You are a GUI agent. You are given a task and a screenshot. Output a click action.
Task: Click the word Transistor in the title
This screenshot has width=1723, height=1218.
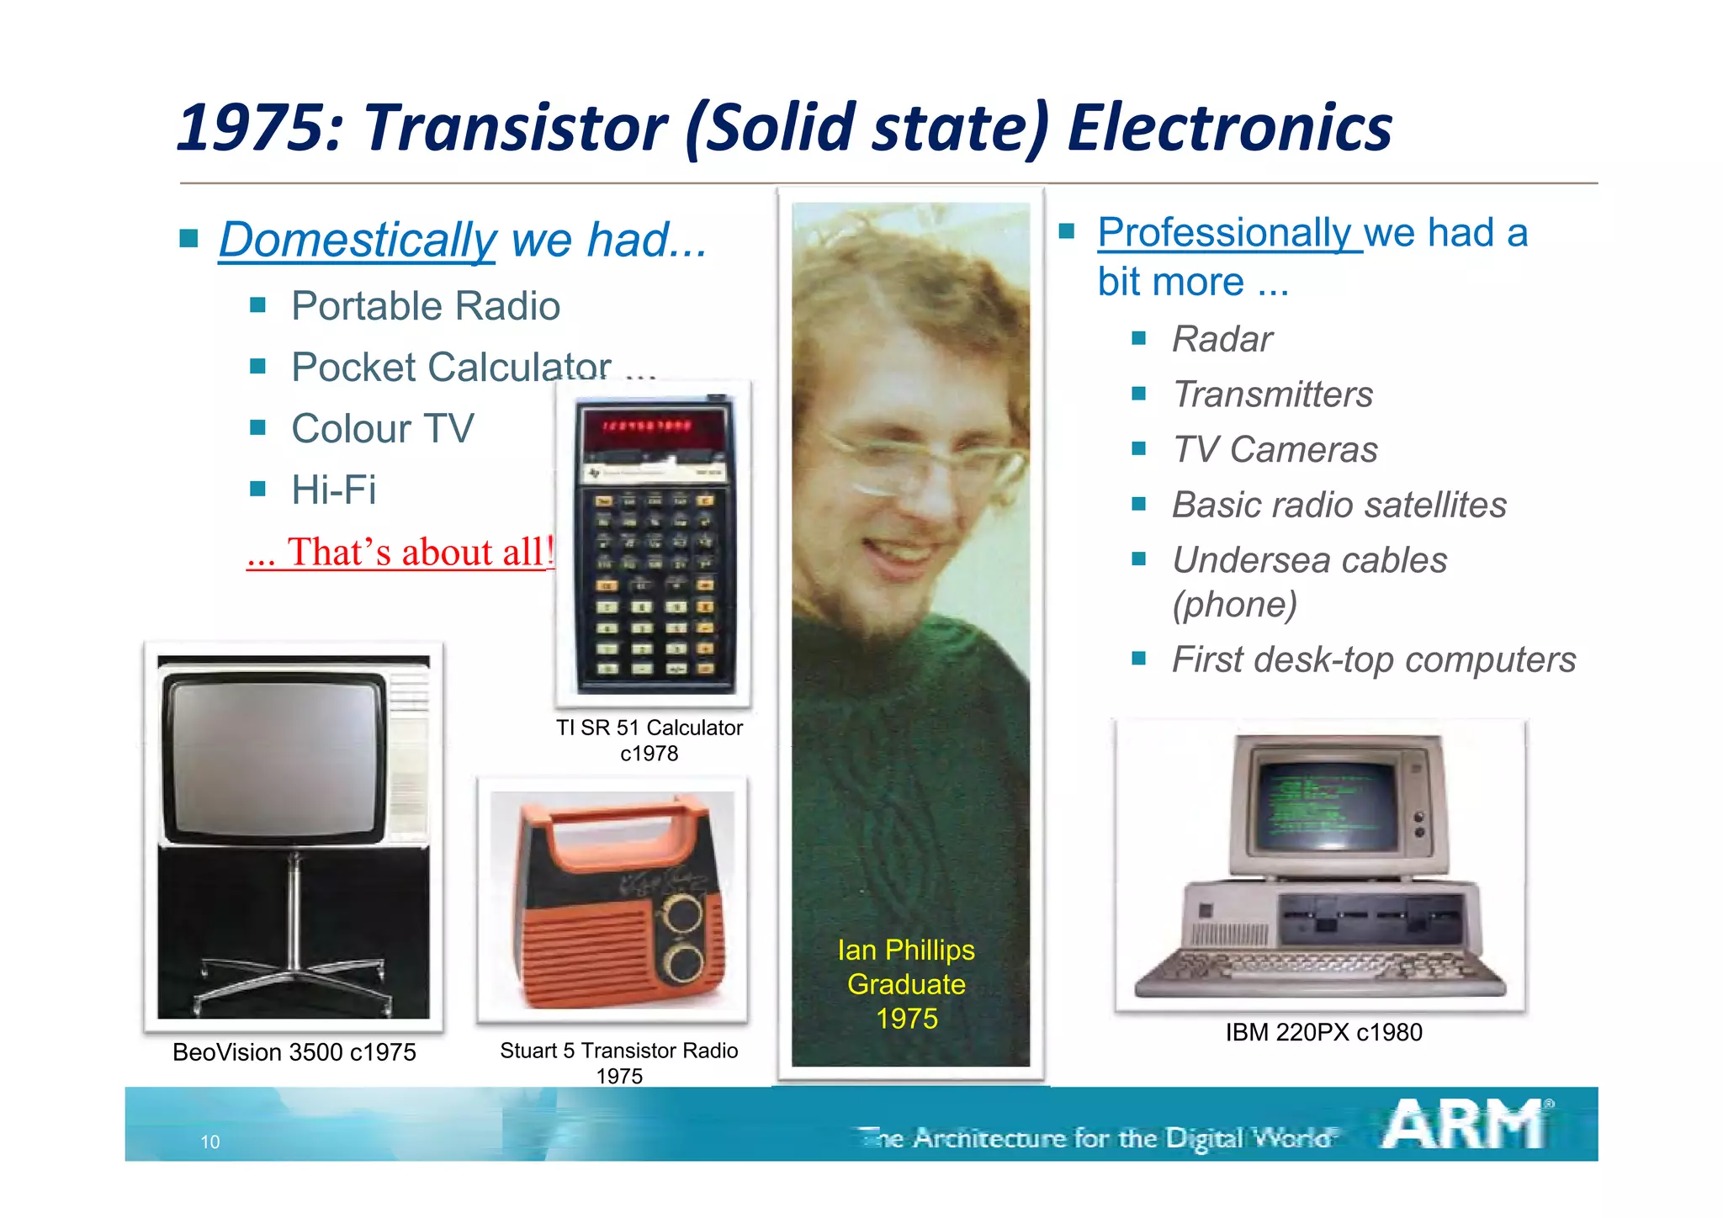click(x=515, y=128)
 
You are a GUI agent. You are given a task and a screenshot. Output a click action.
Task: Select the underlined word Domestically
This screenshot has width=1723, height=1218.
click(x=358, y=241)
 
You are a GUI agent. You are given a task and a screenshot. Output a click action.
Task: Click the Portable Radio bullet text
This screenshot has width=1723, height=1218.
click(x=425, y=306)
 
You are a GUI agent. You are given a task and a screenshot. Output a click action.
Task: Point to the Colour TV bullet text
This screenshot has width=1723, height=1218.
click(x=382, y=429)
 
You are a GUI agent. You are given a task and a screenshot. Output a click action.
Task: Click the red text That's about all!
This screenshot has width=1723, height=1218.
click(x=400, y=553)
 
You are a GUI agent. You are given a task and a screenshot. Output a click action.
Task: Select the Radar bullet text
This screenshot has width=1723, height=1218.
click(x=1222, y=339)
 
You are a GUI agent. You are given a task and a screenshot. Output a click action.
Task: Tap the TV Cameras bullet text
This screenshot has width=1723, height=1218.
click(x=1275, y=449)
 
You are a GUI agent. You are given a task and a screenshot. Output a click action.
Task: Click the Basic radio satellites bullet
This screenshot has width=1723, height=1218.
click(x=1339, y=505)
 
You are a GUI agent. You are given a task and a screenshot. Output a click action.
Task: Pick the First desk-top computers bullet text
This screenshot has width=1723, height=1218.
click(x=1373, y=659)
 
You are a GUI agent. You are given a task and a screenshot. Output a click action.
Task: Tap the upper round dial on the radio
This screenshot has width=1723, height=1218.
click(x=683, y=913)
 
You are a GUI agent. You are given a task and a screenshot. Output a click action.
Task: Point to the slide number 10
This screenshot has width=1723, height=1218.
click(x=209, y=1141)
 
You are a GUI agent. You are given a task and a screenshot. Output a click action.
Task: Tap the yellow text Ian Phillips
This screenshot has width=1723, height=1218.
click(x=906, y=950)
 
